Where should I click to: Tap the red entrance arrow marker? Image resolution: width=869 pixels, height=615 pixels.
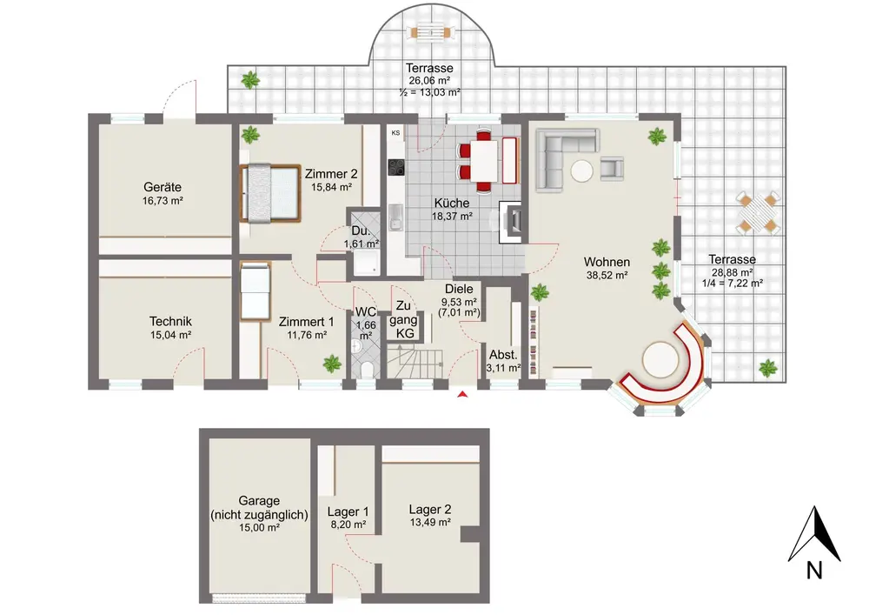(463, 394)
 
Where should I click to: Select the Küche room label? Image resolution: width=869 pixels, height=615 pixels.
(452, 203)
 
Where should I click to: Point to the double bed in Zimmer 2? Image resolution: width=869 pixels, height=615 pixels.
(270, 192)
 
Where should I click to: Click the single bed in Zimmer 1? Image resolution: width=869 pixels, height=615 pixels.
(255, 291)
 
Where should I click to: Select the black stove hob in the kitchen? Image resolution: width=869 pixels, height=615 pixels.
(396, 168)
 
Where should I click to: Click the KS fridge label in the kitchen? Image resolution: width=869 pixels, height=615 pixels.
(395, 133)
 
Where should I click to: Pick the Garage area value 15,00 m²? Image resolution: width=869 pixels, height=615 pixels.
(259, 527)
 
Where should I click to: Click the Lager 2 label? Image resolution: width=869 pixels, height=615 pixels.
(430, 509)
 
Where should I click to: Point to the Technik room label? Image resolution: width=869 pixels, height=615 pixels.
(170, 321)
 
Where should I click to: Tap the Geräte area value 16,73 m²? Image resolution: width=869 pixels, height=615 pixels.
(163, 201)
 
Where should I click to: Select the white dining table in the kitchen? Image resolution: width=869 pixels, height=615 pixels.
(484, 160)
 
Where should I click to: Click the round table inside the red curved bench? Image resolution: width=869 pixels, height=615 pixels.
(660, 359)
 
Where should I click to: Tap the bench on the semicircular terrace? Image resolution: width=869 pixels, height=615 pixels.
(430, 31)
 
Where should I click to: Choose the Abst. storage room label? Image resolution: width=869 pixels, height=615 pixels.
(503, 355)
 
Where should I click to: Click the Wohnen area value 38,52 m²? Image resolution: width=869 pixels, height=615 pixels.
(607, 275)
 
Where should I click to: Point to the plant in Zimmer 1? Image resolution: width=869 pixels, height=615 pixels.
(332, 364)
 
